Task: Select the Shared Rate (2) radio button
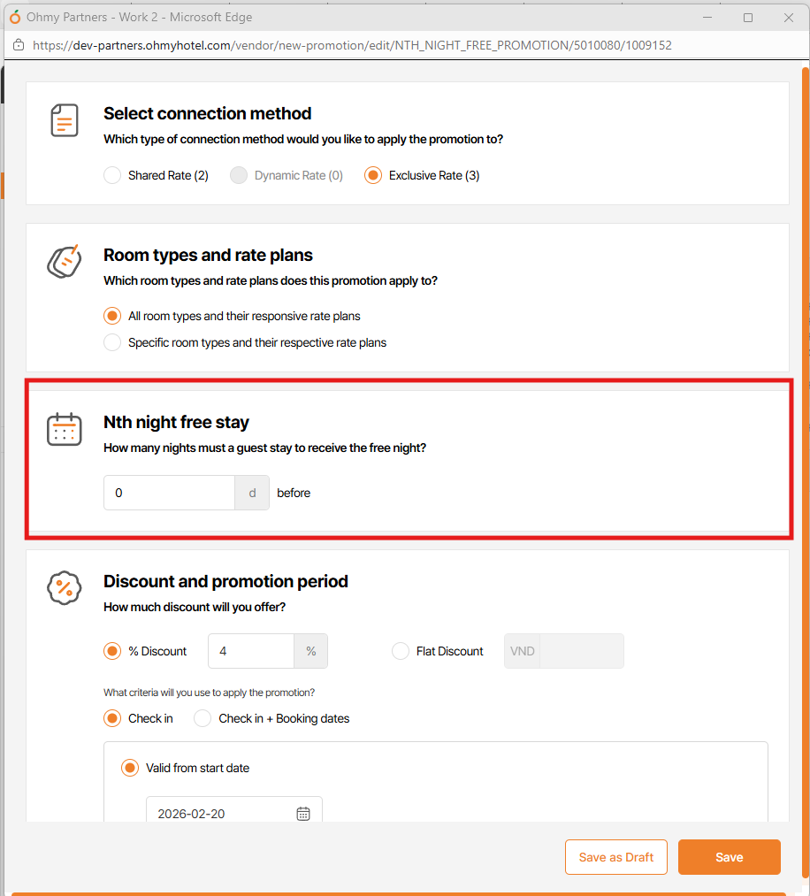(x=112, y=175)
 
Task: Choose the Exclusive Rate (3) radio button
(x=373, y=175)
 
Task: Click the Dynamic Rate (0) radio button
(x=239, y=175)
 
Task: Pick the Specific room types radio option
(x=112, y=342)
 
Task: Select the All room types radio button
(x=112, y=316)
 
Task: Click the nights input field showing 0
(x=169, y=493)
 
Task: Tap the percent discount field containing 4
(x=251, y=651)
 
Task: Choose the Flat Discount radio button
(x=401, y=651)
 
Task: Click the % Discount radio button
(x=112, y=651)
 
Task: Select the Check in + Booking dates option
(x=202, y=718)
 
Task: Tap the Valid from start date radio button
(x=130, y=768)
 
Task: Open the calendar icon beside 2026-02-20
(x=303, y=814)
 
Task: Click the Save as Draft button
(x=616, y=857)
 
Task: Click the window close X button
(x=789, y=18)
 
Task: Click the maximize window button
(x=748, y=18)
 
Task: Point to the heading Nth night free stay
(x=176, y=422)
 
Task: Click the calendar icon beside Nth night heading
(x=64, y=429)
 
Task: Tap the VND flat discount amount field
(x=582, y=651)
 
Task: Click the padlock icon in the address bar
(x=19, y=45)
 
